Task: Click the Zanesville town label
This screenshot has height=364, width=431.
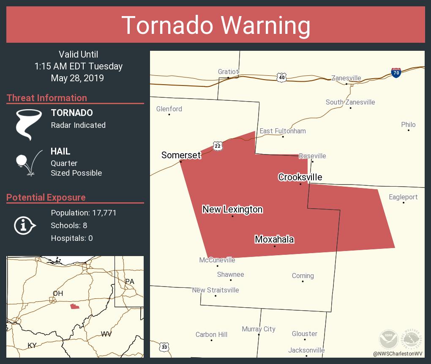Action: pyautogui.click(x=346, y=78)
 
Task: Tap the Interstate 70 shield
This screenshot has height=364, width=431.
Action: pyautogui.click(x=396, y=73)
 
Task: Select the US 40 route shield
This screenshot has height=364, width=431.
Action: pyautogui.click(x=282, y=77)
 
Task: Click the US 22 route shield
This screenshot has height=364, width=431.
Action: pyautogui.click(x=218, y=146)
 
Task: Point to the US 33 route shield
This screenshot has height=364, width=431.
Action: pyautogui.click(x=164, y=347)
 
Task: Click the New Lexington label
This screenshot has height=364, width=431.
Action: pyautogui.click(x=232, y=209)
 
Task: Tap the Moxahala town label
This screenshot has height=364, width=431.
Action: pyautogui.click(x=274, y=240)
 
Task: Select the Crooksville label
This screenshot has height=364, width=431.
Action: pyautogui.click(x=300, y=177)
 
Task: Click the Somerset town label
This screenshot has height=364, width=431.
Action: pyautogui.click(x=181, y=155)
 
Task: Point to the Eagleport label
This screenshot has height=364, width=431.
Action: pyautogui.click(x=403, y=197)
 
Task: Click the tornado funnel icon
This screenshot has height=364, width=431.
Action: pyautogui.click(x=28, y=124)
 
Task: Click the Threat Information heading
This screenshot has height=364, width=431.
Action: pyautogui.click(x=47, y=98)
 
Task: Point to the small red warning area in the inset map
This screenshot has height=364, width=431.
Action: pyautogui.click(x=75, y=306)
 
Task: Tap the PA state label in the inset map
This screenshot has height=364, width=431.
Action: pyautogui.click(x=129, y=281)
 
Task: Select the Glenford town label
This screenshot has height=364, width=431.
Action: pyautogui.click(x=169, y=109)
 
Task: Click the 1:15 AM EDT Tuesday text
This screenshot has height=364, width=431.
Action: pyautogui.click(x=79, y=66)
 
